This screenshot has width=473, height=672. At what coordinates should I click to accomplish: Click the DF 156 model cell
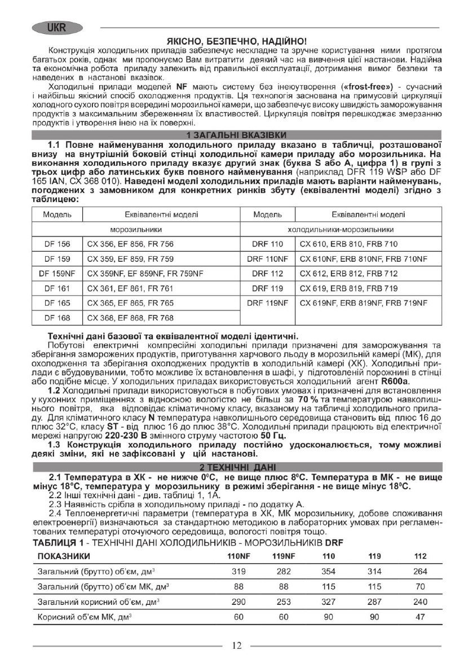click(x=57, y=244)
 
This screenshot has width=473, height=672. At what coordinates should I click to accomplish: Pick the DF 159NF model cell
click(x=57, y=273)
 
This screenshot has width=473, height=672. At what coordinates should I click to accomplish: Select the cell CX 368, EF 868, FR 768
click(x=130, y=318)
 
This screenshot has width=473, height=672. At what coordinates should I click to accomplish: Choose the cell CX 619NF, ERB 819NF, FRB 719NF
click(x=363, y=303)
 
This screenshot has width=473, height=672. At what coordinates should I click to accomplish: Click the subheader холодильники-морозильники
click(x=341, y=230)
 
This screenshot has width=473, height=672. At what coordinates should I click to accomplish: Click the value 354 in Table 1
click(x=328, y=571)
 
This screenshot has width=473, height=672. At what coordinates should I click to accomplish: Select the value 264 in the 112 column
click(x=420, y=571)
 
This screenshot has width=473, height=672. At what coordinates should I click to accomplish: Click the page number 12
click(x=237, y=645)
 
